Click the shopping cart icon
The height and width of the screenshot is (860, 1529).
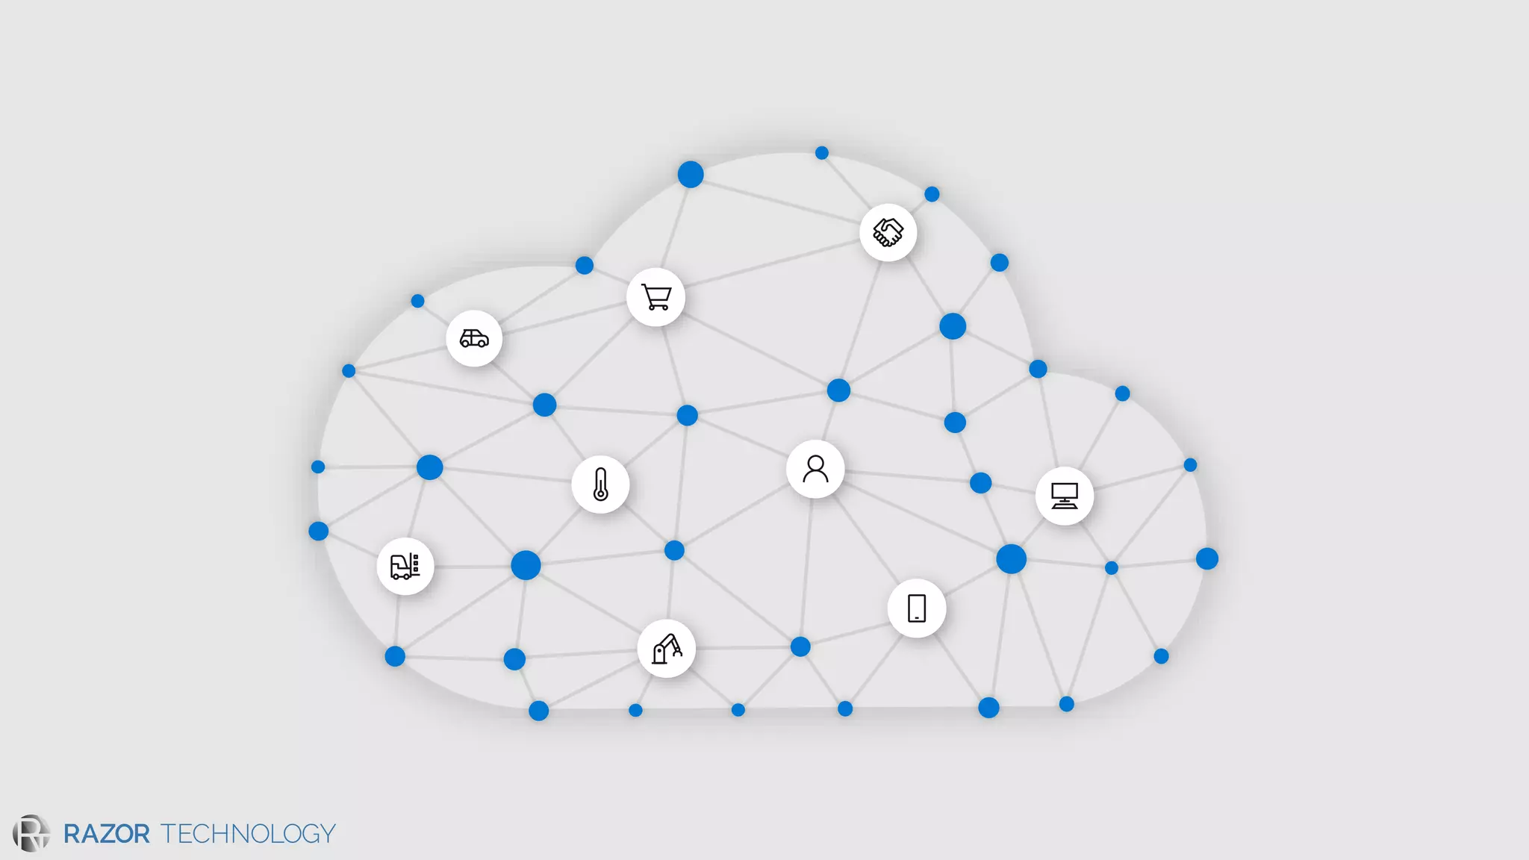pyautogui.click(x=656, y=298)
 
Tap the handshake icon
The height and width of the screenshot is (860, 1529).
pyautogui.click(x=888, y=232)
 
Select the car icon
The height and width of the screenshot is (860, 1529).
pyautogui.click(x=474, y=339)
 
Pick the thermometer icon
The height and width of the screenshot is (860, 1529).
pyautogui.click(x=600, y=484)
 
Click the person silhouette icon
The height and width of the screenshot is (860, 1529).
pyautogui.click(x=815, y=470)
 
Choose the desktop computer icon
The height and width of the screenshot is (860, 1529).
pyautogui.click(x=1064, y=496)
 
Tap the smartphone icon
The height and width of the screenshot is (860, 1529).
pyautogui.click(x=917, y=608)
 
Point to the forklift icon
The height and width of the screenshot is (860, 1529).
pyautogui.click(x=405, y=567)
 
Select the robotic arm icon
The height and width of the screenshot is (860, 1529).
pyautogui.click(x=667, y=649)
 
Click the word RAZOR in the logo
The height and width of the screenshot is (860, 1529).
pyautogui.click(x=106, y=834)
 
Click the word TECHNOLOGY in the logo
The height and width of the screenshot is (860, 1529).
pyautogui.click(x=248, y=834)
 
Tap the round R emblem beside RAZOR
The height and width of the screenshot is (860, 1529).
pyautogui.click(x=31, y=833)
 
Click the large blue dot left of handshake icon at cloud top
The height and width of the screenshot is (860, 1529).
pyautogui.click(x=691, y=174)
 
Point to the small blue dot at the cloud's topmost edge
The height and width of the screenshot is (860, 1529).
pyautogui.click(x=822, y=153)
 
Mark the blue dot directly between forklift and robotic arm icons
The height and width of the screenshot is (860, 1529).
pyautogui.click(x=526, y=565)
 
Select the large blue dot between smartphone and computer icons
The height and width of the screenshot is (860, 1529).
pyautogui.click(x=1011, y=558)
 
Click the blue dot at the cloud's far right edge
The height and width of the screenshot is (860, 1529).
pyautogui.click(x=1207, y=558)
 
